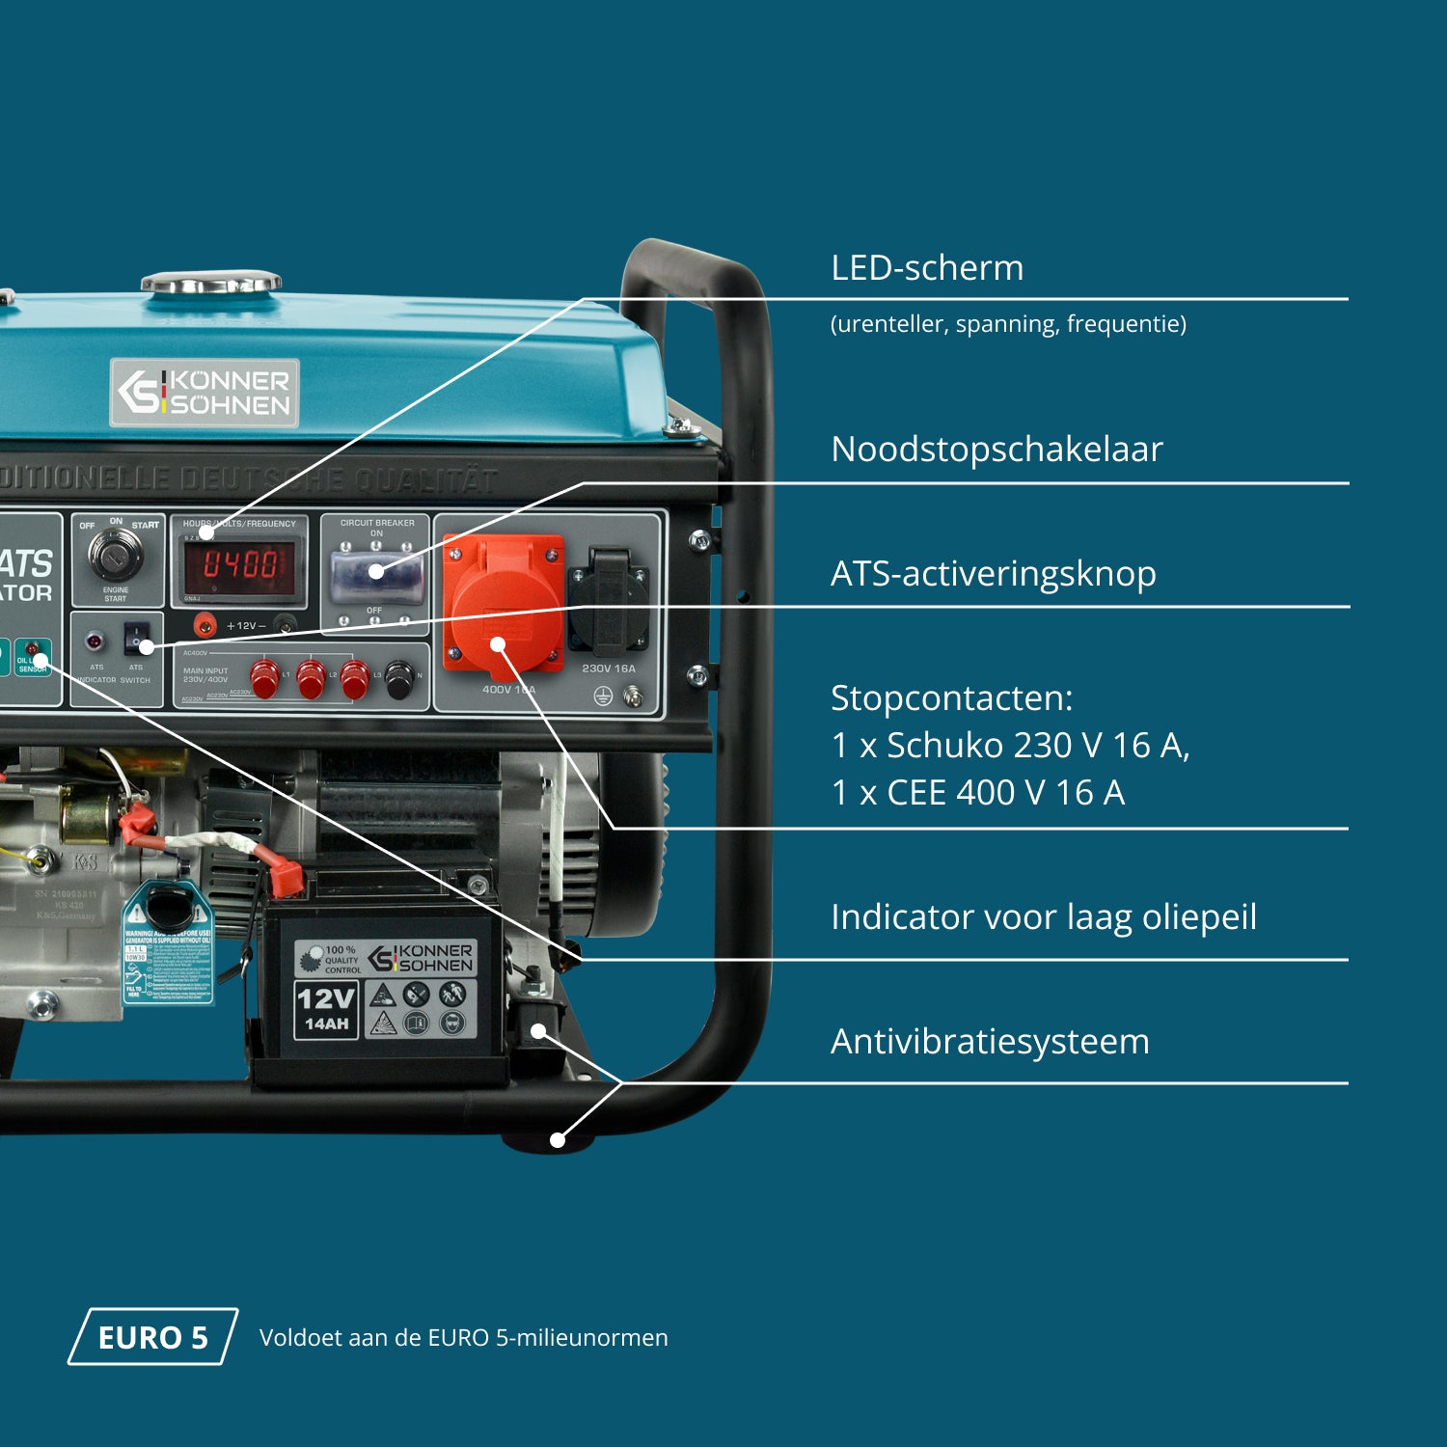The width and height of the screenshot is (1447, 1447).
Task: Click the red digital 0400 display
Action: [x=239, y=564]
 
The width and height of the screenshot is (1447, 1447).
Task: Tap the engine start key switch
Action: [x=116, y=554]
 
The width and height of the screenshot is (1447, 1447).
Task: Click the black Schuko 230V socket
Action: [x=608, y=598]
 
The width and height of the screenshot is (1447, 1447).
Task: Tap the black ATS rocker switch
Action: [x=136, y=637]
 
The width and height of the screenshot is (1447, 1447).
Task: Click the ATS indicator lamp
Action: [x=95, y=640]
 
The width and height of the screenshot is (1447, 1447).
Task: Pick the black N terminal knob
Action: [x=399, y=679]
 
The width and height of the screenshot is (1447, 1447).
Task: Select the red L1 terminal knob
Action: [x=264, y=677]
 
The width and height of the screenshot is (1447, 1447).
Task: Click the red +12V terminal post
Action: [x=204, y=625]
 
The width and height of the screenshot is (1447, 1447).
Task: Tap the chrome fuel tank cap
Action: [x=211, y=283]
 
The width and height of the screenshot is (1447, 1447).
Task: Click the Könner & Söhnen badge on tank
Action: [x=205, y=393]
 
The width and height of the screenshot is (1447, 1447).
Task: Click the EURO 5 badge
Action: [x=152, y=1337]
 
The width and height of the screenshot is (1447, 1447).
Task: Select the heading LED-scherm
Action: [x=927, y=268]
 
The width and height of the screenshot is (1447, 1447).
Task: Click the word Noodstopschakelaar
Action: [x=997, y=450]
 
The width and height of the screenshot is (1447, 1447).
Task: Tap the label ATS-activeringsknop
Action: [x=993, y=574]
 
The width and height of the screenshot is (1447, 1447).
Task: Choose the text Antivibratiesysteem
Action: [x=990, y=1042]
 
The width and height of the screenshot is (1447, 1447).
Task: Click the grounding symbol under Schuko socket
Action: [x=603, y=696]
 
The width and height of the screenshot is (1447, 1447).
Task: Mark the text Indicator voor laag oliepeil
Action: [x=1044, y=917]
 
